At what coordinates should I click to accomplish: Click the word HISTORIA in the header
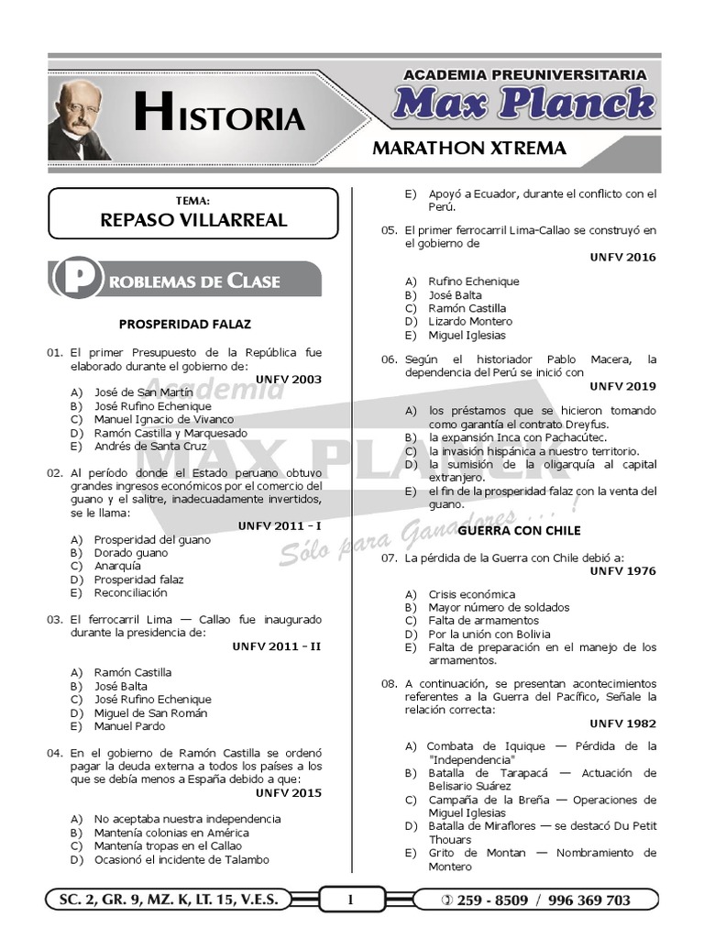(220, 115)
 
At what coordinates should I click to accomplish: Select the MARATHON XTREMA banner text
(468, 148)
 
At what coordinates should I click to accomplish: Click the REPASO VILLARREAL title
(193, 220)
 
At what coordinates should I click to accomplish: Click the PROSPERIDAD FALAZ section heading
(185, 324)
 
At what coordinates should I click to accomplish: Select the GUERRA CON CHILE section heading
(506, 530)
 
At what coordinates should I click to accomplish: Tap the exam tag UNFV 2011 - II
(277, 646)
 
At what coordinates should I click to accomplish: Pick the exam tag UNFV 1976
(622, 570)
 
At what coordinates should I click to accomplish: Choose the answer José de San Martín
(143, 392)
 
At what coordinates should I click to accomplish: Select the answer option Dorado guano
(131, 553)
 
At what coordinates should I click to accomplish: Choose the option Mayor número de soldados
(499, 607)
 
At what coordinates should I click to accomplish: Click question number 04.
(53, 752)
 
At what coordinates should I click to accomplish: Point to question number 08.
(389, 683)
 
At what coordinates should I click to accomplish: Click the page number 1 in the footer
(349, 900)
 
